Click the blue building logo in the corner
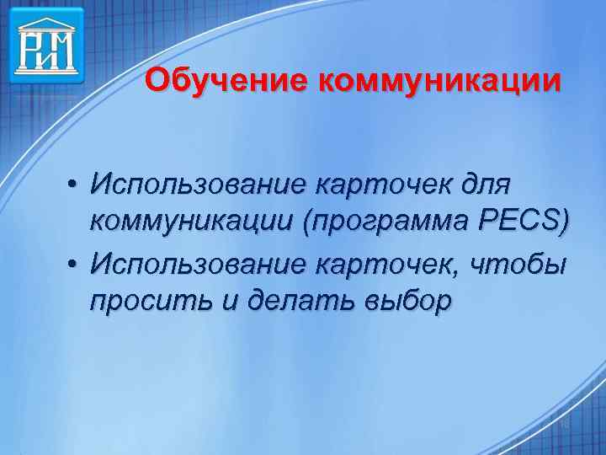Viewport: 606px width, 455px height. [47, 45]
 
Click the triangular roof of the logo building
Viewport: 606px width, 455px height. [47, 19]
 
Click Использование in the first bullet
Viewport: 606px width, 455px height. [199, 182]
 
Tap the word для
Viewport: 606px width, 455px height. [487, 182]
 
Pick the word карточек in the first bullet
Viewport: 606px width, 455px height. [386, 182]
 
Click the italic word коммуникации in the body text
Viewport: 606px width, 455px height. [195, 221]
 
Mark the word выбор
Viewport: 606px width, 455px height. [404, 302]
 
